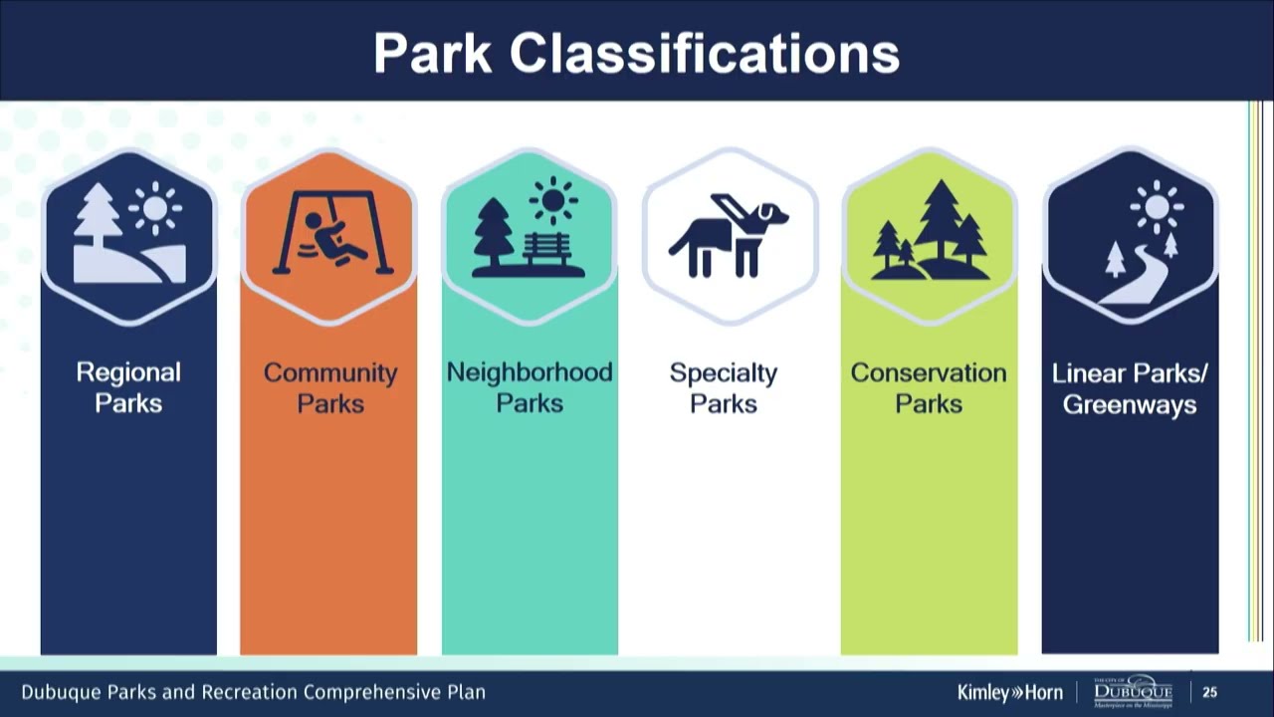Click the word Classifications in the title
[x=705, y=53]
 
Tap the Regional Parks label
[x=128, y=387]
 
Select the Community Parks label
[x=329, y=387]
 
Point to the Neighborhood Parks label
[x=529, y=387]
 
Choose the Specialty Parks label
[x=724, y=387]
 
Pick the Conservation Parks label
[x=928, y=387]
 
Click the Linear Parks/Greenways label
[x=1130, y=388]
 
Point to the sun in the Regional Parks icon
[x=155, y=208]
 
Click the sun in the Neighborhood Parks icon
[x=554, y=202]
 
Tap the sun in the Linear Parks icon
[x=1156, y=207]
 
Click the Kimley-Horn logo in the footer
[x=1009, y=692]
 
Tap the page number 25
[x=1210, y=692]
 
